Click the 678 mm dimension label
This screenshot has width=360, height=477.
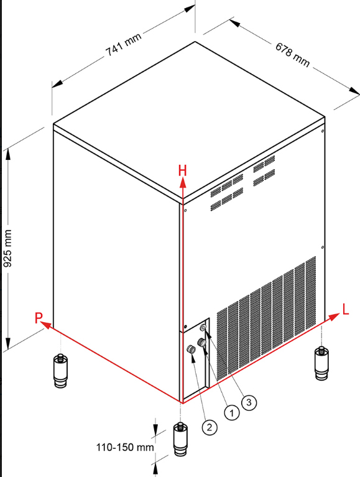[x=292, y=55]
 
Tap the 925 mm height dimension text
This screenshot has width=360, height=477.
[x=7, y=249]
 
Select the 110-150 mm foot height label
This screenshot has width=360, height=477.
[x=125, y=448]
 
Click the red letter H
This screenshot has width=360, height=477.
[x=182, y=170]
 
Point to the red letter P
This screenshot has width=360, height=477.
[x=39, y=318]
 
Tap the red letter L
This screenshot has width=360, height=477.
[x=346, y=310]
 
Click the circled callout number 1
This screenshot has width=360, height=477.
[x=232, y=413]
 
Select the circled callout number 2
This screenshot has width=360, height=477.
[x=210, y=427]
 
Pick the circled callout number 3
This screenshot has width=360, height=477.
[x=249, y=402]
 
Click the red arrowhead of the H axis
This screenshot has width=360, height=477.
[x=182, y=182]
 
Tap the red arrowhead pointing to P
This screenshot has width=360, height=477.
[x=45, y=325]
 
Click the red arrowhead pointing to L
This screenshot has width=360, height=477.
[x=334, y=317]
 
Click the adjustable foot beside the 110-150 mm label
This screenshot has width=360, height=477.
[x=180, y=439]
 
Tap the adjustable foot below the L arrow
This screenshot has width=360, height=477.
[x=321, y=363]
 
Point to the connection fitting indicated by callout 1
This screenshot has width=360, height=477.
[x=201, y=343]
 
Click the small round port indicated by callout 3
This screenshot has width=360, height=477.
[x=204, y=327]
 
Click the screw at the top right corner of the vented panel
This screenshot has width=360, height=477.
[x=323, y=131]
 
